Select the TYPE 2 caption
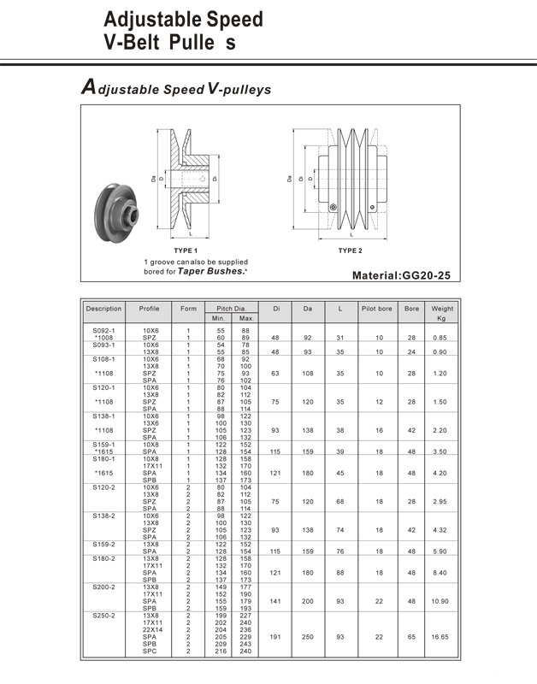[350, 250]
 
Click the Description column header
[104, 307]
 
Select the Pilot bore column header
[377, 307]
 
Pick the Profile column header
[150, 307]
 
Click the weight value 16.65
[442, 637]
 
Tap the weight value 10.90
[442, 602]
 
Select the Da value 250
[307, 637]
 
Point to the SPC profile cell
[150, 652]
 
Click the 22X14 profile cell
[150, 630]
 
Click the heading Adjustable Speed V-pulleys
[175, 88]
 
